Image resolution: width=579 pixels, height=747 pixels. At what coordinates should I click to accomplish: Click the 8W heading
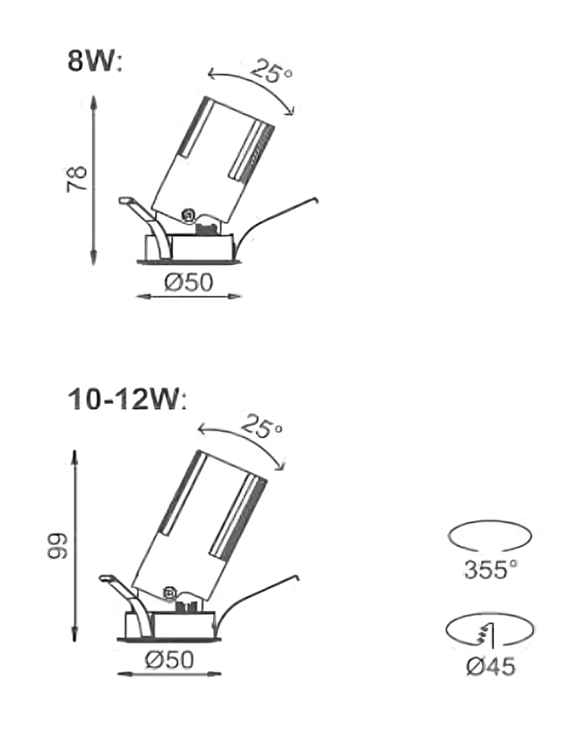95,61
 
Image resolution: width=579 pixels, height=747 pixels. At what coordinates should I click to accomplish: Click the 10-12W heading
127,399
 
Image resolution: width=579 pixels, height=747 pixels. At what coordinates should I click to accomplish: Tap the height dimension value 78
76,179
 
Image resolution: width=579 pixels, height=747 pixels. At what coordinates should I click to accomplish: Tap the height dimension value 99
58,545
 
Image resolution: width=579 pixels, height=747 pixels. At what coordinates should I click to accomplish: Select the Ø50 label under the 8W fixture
189,282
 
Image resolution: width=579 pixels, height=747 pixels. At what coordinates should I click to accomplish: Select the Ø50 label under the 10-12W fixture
169,660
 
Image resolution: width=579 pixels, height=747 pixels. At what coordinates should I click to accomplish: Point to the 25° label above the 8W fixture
271,70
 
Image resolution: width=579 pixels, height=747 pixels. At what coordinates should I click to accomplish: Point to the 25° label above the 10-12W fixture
261,426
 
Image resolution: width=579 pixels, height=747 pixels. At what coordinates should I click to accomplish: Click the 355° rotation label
490,570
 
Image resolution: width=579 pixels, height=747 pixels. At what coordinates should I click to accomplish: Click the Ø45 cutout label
490,666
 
